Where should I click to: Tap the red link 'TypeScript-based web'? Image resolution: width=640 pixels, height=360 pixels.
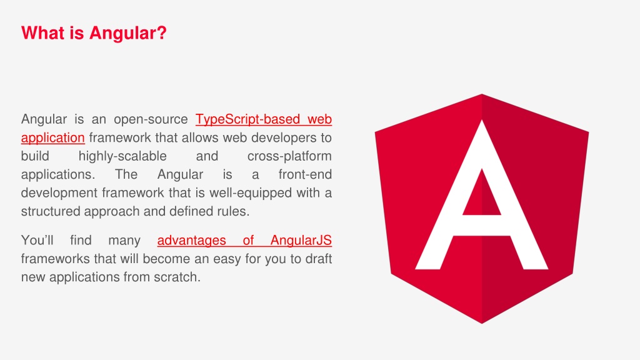coord(263,119)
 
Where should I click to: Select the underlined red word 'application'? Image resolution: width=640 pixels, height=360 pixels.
coord(52,137)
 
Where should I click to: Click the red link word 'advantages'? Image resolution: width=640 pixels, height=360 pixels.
coord(191,240)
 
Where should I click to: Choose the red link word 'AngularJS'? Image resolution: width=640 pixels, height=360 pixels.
coord(301,240)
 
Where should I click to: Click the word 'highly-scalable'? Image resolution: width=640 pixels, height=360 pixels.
coord(122,156)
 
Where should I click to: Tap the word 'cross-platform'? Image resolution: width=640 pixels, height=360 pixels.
coord(289,156)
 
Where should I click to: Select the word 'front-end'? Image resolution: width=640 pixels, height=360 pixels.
coord(304,174)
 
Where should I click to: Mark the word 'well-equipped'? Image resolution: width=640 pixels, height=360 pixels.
coord(257,192)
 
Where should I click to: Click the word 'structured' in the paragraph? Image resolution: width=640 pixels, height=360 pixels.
coord(50,211)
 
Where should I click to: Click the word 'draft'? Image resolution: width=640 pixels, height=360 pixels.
coord(318,258)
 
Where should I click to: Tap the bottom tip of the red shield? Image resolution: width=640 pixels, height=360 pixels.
coord(482,321)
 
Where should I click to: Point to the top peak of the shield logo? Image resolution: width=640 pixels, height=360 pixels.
coord(482,96)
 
